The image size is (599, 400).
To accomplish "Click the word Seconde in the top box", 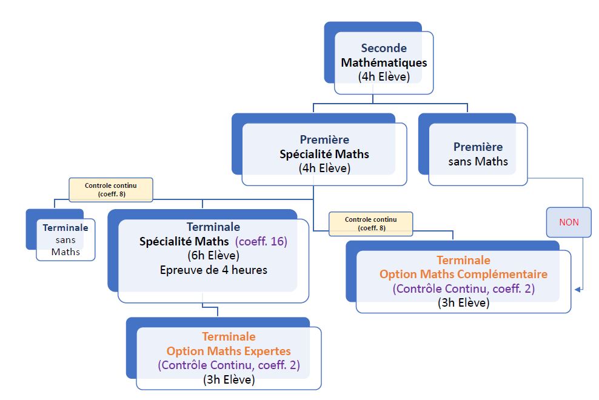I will pyautogui.click(x=384, y=48).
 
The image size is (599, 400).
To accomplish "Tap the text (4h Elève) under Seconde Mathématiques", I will pyautogui.click(x=384, y=77).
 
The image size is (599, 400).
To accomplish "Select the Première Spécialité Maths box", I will pyautogui.click(x=324, y=154).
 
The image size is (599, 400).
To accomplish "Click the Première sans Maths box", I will pyautogui.click(x=478, y=154).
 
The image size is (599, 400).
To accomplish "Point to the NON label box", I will pyautogui.click(x=569, y=222).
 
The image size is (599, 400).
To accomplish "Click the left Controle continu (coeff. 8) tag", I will pyautogui.click(x=110, y=189).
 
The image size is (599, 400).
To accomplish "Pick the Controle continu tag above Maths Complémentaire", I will pyautogui.click(x=370, y=223).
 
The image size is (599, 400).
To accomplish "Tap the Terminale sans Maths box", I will pyautogui.click(x=65, y=239).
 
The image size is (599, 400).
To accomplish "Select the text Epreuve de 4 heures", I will pyautogui.click(x=213, y=270).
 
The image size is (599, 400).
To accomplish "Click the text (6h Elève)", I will pyautogui.click(x=213, y=255).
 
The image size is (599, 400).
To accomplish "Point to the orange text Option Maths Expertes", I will pyautogui.click(x=229, y=351).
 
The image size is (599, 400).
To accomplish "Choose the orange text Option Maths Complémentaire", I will pyautogui.click(x=463, y=274).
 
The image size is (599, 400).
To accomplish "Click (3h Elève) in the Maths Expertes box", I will pyautogui.click(x=229, y=380).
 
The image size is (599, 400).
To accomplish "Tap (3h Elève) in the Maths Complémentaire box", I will pyautogui.click(x=463, y=303).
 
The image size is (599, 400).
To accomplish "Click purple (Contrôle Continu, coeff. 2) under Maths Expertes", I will pyautogui.click(x=229, y=365).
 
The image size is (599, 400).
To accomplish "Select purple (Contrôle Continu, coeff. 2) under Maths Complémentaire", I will pyautogui.click(x=463, y=289).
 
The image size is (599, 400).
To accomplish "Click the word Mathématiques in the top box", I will pyautogui.click(x=384, y=62).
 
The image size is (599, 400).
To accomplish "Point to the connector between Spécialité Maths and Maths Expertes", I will pyautogui.click(x=217, y=310).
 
